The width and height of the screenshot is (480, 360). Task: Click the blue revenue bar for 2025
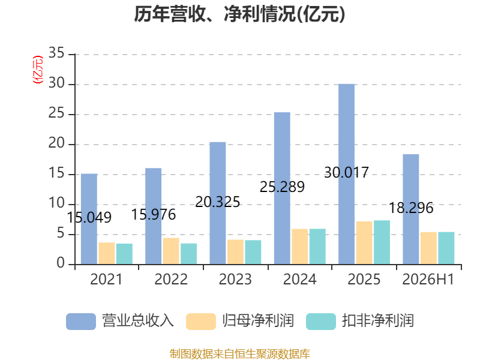click(347, 174)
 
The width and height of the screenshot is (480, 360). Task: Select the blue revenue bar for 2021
click(89, 219)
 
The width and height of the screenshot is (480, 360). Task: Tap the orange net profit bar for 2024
click(299, 247)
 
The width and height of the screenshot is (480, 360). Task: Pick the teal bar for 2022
click(188, 254)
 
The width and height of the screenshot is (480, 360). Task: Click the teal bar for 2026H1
click(446, 248)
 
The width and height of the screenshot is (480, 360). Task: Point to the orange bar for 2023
click(235, 251)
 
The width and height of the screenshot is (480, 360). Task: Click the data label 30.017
click(347, 173)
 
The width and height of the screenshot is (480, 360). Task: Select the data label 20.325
click(218, 202)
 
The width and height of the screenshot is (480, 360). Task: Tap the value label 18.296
click(411, 208)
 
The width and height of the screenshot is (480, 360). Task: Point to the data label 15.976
click(154, 215)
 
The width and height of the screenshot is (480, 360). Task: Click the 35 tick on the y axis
click(56, 53)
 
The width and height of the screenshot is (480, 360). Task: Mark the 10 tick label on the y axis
click(56, 203)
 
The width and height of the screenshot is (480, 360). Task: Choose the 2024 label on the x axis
click(299, 280)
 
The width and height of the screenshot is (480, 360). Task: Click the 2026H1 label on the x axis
click(428, 280)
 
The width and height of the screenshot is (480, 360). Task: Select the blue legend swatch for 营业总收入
click(81, 322)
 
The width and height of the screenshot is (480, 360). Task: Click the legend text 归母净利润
click(258, 321)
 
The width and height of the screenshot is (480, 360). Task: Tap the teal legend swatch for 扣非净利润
click(321, 322)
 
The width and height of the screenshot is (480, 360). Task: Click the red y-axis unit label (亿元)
click(38, 70)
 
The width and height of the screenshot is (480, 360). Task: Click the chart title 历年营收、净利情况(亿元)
click(239, 14)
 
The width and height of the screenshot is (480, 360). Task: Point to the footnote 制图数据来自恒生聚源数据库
click(239, 354)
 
